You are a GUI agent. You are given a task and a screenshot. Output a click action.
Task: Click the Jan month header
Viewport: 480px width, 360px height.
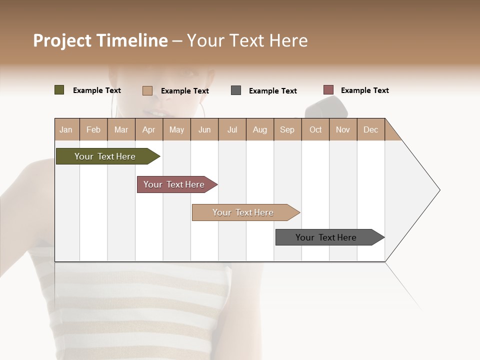pyautogui.click(x=66, y=129)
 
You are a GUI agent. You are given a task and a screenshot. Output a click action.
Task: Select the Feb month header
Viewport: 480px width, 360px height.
pyautogui.click(x=93, y=129)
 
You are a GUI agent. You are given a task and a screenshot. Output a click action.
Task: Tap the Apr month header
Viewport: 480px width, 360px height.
pyautogui.click(x=149, y=129)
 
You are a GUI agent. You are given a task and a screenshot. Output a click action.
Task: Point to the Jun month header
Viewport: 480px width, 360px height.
pyautogui.click(x=204, y=129)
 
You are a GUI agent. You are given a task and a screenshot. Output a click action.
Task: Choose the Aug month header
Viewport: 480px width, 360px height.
pyautogui.click(x=260, y=129)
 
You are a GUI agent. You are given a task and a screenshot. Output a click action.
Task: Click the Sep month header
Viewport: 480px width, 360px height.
pyautogui.click(x=287, y=129)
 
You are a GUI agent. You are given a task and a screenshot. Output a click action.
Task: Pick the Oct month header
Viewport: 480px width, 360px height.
pyautogui.click(x=315, y=129)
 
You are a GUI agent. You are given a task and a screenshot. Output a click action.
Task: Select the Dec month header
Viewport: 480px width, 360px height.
pyautogui.click(x=371, y=129)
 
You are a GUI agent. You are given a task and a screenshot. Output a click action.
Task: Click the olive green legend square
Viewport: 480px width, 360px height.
pyautogui.click(x=59, y=90)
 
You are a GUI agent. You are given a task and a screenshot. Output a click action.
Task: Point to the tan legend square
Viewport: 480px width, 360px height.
pyautogui.click(x=147, y=90)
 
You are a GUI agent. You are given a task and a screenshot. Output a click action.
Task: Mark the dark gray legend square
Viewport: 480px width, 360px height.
pyautogui.click(x=236, y=90)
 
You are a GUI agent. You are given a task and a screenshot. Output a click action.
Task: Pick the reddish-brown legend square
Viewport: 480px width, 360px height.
pyautogui.click(x=328, y=90)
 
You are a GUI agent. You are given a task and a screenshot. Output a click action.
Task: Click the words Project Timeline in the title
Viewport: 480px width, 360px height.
pyautogui.click(x=100, y=40)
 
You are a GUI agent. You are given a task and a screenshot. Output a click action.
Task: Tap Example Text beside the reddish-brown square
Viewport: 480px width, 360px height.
pyautogui.click(x=364, y=90)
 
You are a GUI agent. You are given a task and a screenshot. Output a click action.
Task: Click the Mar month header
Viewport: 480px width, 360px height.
pyautogui.click(x=121, y=129)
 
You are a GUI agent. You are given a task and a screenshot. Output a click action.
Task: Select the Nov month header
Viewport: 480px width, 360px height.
pyautogui.click(x=343, y=129)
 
